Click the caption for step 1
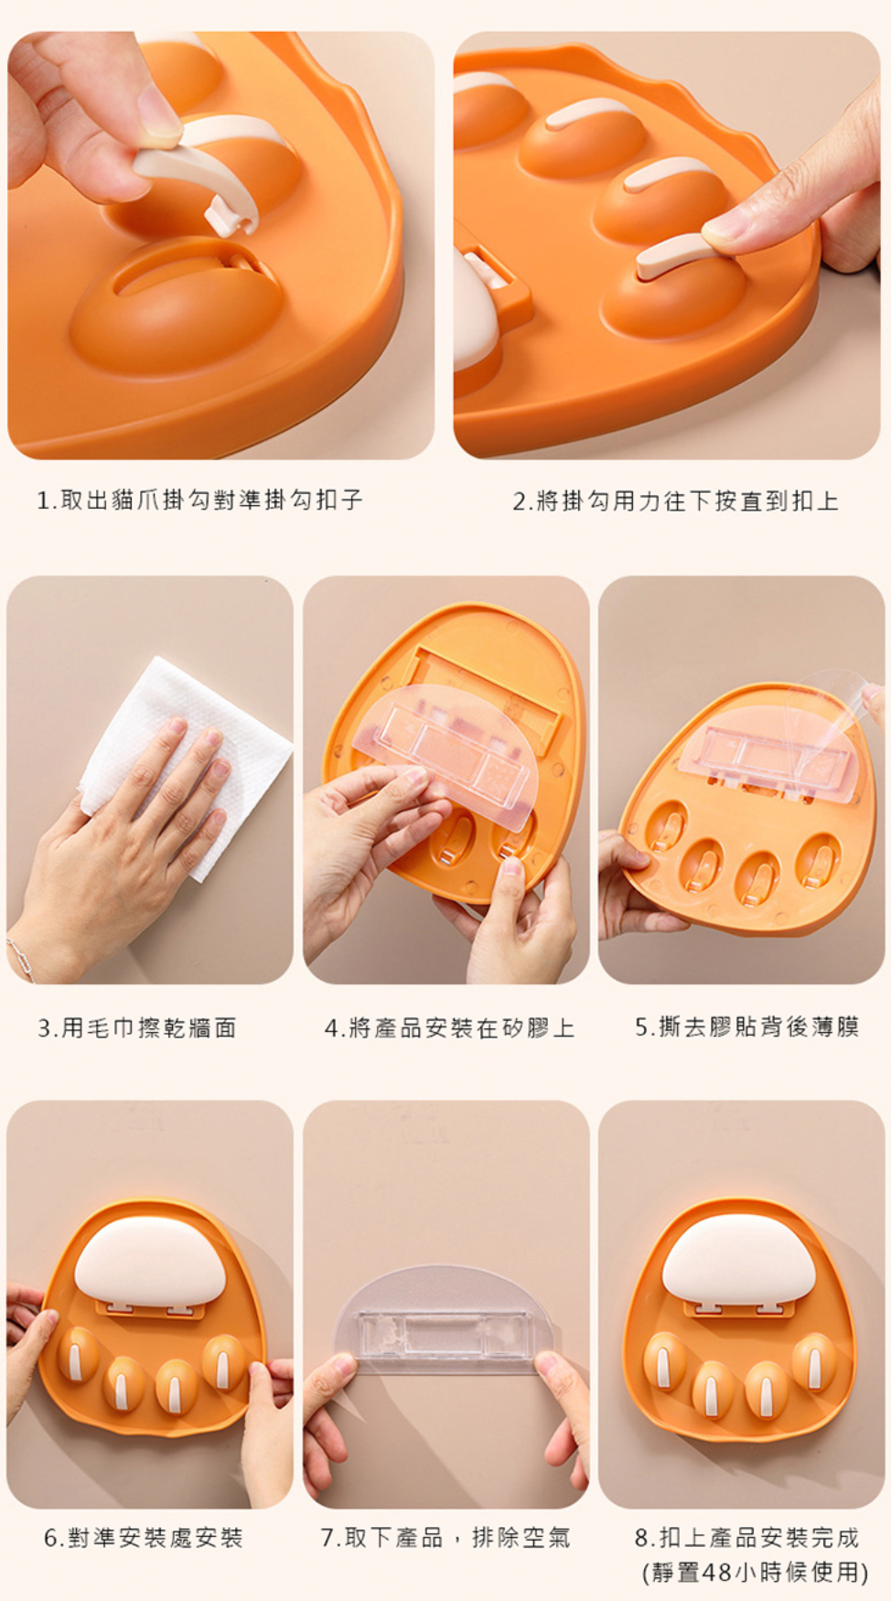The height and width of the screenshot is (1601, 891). (199, 500)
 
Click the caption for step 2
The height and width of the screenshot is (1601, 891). (675, 500)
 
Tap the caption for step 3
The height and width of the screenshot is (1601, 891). (137, 1027)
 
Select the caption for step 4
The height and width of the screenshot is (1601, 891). (449, 1027)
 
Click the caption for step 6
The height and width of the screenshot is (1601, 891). (144, 1537)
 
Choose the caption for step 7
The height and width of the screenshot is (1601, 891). (445, 1537)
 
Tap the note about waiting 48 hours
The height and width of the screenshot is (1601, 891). (755, 1572)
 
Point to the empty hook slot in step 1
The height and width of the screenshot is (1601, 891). (188, 274)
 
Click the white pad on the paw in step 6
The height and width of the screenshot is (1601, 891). (150, 1259)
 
